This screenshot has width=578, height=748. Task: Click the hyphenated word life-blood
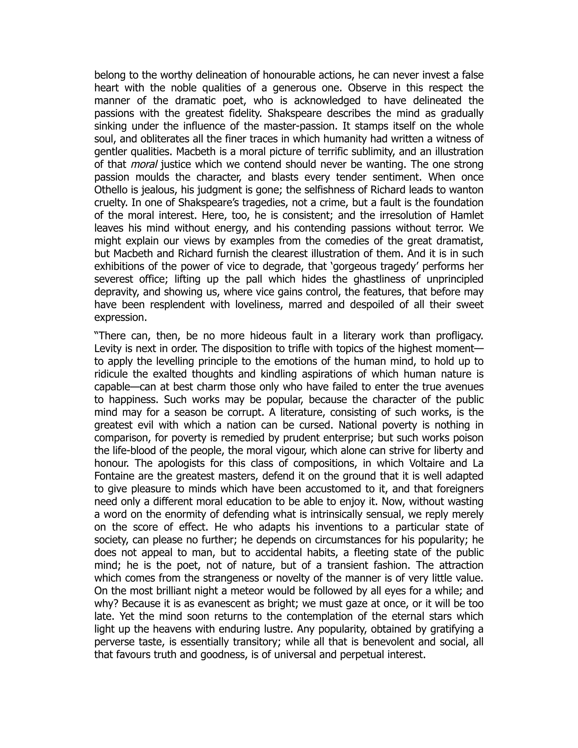[125, 451]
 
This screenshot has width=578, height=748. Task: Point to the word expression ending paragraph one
[120, 318]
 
